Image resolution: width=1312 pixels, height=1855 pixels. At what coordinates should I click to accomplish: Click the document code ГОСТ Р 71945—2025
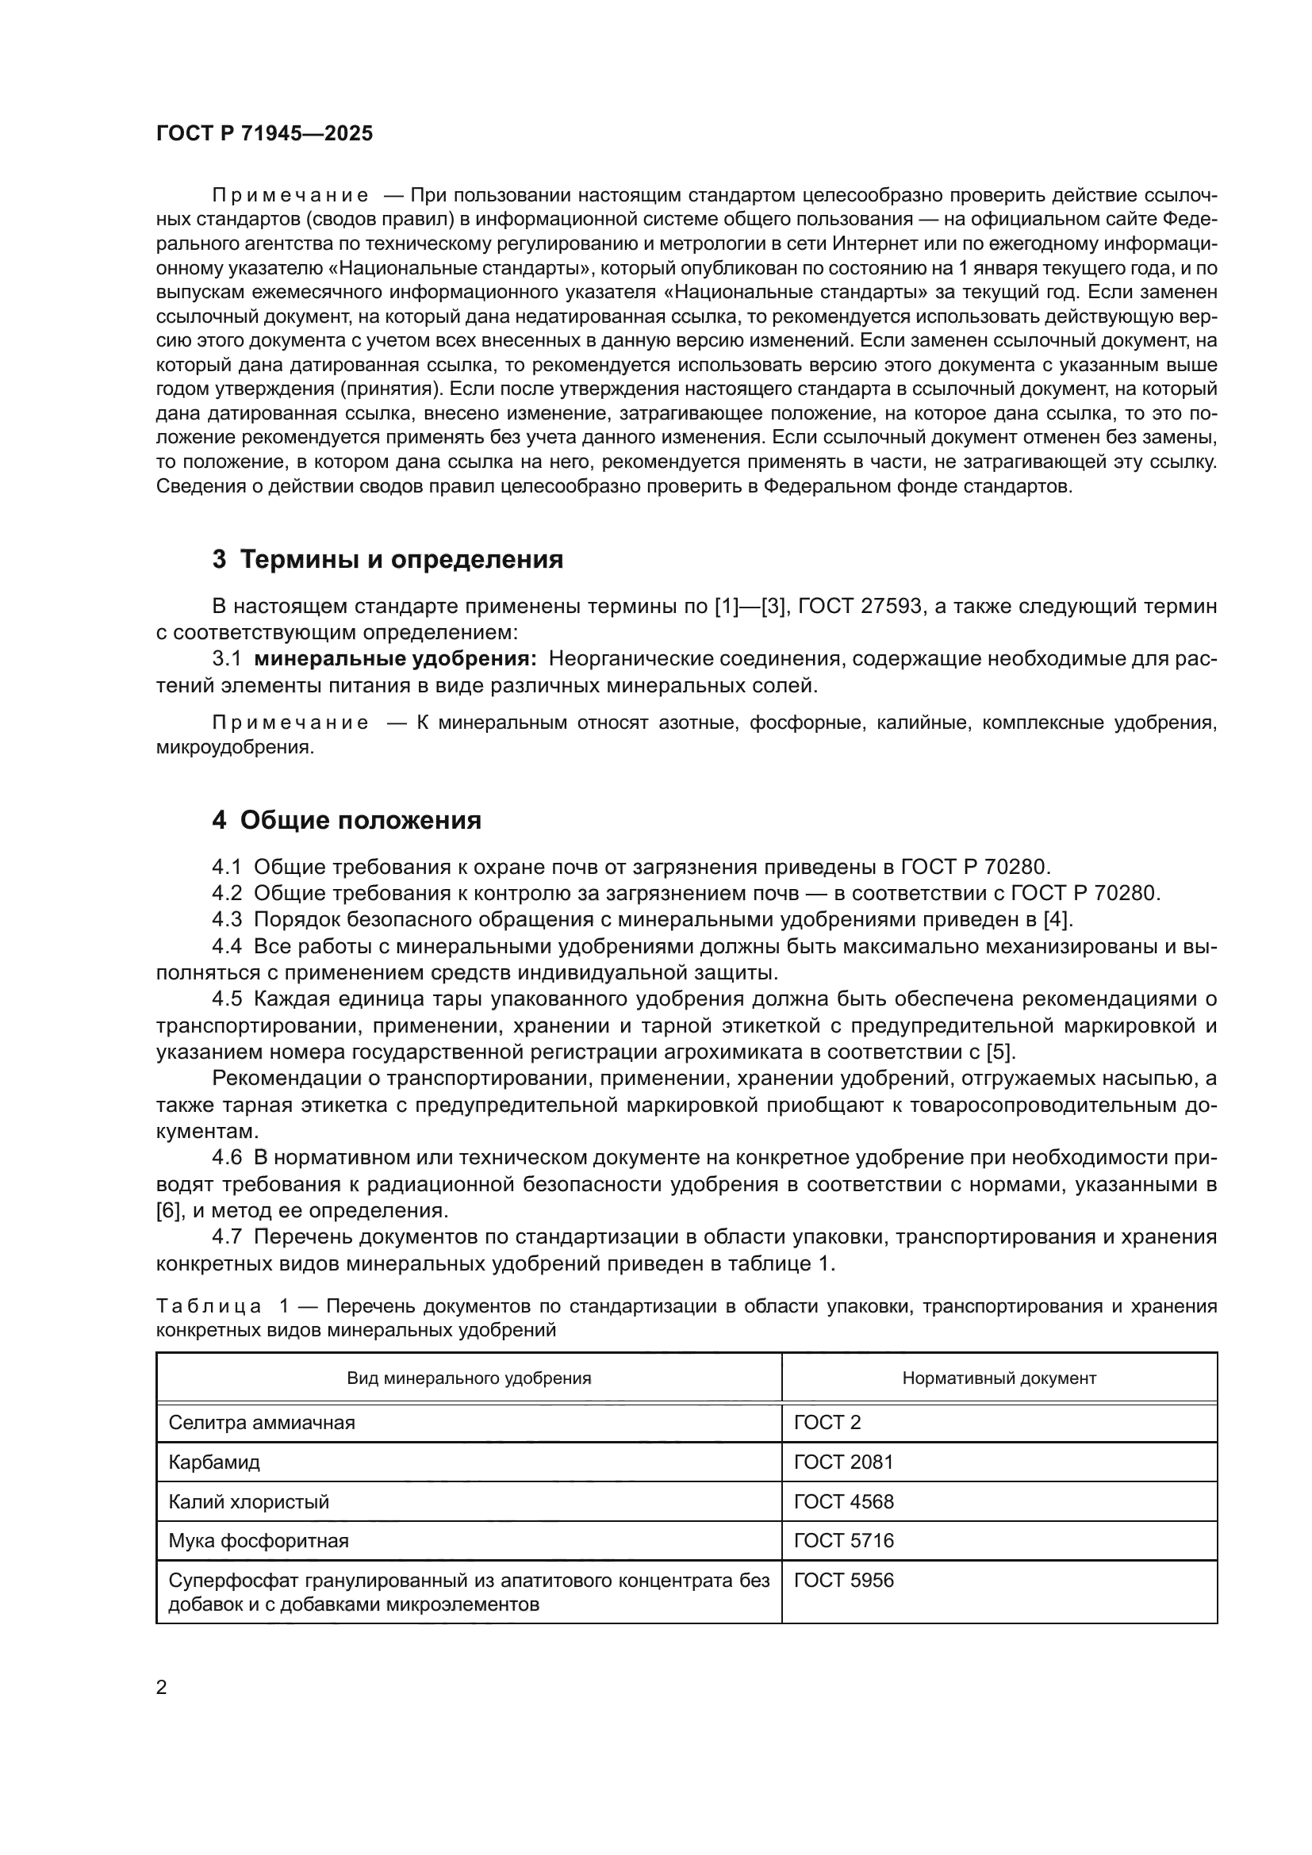click(x=264, y=134)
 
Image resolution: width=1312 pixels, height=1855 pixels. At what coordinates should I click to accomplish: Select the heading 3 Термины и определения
click(x=387, y=559)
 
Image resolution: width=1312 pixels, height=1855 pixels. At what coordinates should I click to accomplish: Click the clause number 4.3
click(x=227, y=919)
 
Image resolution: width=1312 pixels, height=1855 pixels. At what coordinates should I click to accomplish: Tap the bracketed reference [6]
click(x=167, y=1210)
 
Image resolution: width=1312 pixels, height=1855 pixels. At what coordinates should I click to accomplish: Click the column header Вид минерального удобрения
click(x=469, y=1378)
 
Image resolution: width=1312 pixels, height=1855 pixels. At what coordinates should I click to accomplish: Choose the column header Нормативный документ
click(x=999, y=1378)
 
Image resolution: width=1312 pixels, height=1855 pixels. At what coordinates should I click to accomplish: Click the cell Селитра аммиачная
click(x=262, y=1423)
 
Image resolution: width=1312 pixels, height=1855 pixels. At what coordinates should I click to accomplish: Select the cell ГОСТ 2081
click(x=843, y=1462)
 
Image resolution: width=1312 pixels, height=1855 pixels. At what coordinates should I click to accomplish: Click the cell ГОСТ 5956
click(x=843, y=1580)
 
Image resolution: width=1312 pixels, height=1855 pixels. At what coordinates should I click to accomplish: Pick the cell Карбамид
click(x=214, y=1462)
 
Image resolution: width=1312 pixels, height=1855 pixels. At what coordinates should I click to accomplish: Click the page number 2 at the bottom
click(x=162, y=1687)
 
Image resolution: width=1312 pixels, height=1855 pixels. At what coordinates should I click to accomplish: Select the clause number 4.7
click(x=227, y=1237)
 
